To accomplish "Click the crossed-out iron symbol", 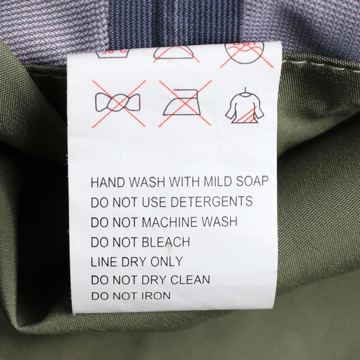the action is (x=185, y=103).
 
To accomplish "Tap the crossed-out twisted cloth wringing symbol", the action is (x=118, y=103).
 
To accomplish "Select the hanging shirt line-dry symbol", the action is (x=245, y=105).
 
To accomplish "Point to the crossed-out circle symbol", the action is (x=246, y=54).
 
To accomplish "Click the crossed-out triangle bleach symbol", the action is (x=175, y=54).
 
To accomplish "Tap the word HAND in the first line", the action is (x=105, y=182).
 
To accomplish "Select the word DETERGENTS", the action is (x=212, y=202).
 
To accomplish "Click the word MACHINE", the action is (x=170, y=222).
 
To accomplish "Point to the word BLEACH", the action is (x=166, y=242).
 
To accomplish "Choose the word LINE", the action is (x=104, y=262).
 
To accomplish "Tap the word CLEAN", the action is (x=190, y=280).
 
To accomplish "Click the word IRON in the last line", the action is (x=156, y=296).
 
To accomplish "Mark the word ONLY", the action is (x=167, y=262).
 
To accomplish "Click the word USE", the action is (x=154, y=202).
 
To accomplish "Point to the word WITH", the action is (x=184, y=182).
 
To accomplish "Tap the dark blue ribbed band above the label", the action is (x=176, y=22).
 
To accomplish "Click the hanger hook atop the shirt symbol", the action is (x=245, y=91).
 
